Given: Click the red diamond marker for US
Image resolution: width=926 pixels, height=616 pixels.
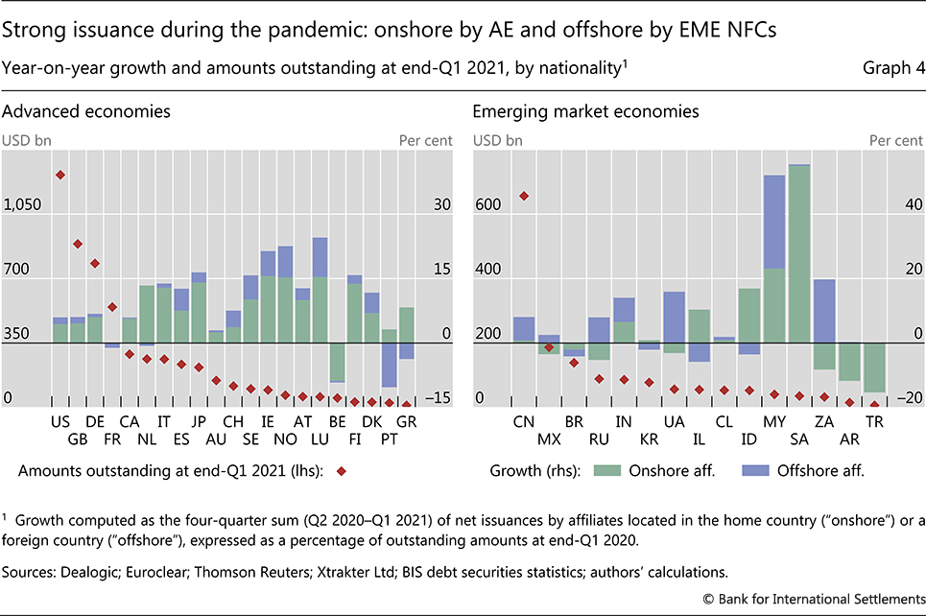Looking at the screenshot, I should pyautogui.click(x=60, y=175).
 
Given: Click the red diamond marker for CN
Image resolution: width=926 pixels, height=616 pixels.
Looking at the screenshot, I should pyautogui.click(x=524, y=196).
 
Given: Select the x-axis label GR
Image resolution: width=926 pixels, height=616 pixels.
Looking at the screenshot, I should pyautogui.click(x=406, y=420).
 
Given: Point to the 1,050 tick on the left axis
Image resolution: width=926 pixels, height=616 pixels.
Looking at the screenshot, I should pyautogui.click(x=23, y=204).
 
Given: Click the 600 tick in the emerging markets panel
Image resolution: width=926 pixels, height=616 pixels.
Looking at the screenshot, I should pyautogui.click(x=487, y=204).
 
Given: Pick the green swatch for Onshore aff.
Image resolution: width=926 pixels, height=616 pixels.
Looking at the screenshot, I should pyautogui.click(x=611, y=470).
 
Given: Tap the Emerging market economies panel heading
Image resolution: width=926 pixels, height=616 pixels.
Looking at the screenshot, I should pyautogui.click(x=585, y=111).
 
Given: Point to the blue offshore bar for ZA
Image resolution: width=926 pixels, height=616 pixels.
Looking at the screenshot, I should pyautogui.click(x=823, y=310).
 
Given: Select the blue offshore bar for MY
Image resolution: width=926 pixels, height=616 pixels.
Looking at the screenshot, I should pyautogui.click(x=774, y=222).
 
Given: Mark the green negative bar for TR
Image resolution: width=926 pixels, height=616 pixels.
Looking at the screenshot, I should pyautogui.click(x=873, y=367).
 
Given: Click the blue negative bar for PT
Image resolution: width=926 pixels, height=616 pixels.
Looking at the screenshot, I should pyautogui.click(x=389, y=364).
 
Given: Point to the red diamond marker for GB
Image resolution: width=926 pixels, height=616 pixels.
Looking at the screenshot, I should pyautogui.click(x=78, y=244).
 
